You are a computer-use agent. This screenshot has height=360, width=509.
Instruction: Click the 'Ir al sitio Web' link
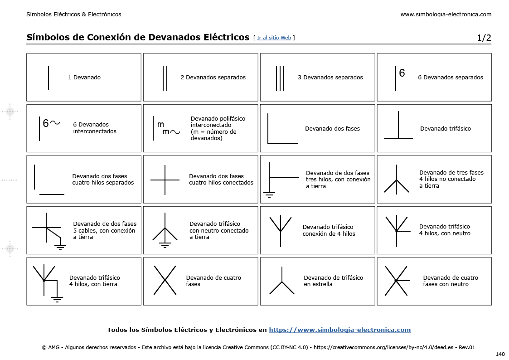[x=274, y=38]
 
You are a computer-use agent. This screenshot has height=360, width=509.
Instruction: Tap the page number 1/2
[x=484, y=38]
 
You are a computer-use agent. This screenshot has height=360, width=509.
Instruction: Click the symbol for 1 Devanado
[x=48, y=78]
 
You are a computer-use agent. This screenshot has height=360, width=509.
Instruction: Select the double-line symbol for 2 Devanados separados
[x=165, y=78]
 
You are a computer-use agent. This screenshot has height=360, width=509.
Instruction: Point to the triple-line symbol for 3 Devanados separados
[x=280, y=78]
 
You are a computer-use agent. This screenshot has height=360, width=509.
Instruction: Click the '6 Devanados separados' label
[x=450, y=78]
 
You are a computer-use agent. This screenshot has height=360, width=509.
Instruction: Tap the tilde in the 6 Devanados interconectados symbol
[x=55, y=123]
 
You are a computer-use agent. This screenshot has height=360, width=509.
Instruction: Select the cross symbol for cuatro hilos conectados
[x=165, y=180]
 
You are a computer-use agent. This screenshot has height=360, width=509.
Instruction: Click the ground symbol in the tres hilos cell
[x=269, y=195]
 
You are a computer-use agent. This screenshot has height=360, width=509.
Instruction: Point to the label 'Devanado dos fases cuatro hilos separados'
[x=103, y=180]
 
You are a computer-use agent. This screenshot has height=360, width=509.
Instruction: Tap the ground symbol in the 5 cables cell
[x=60, y=246]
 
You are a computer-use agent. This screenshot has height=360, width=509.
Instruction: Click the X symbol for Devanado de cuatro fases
[x=165, y=280]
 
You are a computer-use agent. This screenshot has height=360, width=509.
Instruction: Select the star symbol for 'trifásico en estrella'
[x=281, y=282]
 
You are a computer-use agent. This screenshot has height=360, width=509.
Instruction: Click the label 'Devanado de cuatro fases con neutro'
[x=450, y=281]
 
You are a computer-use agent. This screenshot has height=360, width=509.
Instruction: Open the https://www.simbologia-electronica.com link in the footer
[x=339, y=330]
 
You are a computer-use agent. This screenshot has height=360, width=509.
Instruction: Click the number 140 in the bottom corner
[x=500, y=354]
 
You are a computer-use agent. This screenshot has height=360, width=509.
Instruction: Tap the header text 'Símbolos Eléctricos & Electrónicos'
[x=74, y=15]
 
